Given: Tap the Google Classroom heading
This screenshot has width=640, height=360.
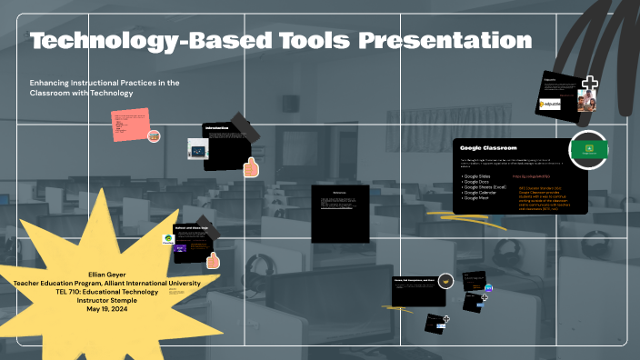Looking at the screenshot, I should [488, 147].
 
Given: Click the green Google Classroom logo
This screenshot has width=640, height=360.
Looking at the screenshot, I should [588, 149].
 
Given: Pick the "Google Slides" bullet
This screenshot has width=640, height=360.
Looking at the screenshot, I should [478, 176].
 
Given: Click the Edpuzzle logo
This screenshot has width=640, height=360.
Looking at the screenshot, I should [553, 104].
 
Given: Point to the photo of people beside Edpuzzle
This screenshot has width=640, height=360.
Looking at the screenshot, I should [586, 100].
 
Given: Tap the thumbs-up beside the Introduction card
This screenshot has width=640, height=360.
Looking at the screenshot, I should [251, 167].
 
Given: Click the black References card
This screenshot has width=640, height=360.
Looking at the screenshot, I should [341, 214].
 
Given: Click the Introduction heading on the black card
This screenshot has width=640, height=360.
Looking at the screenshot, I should [216, 127].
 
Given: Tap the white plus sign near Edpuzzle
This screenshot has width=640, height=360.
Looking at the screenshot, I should [590, 85].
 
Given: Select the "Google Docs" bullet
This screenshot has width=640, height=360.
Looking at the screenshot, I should [477, 182].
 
